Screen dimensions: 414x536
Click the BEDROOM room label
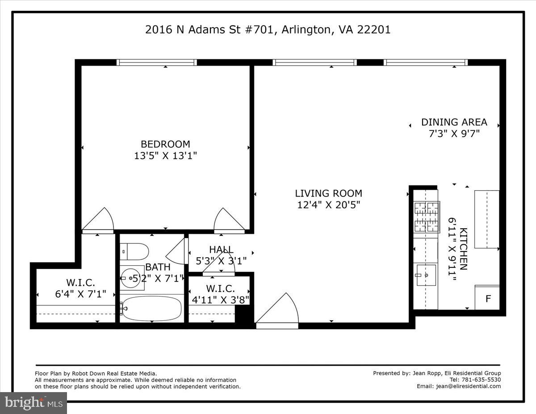(x=165, y=144)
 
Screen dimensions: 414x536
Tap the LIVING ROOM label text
(x=328, y=193)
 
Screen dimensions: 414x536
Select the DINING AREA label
(x=454, y=122)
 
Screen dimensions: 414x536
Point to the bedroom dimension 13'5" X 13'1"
(x=165, y=156)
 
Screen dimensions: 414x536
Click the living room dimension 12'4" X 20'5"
(x=328, y=205)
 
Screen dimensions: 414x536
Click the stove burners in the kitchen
(x=427, y=217)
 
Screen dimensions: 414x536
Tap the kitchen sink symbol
(x=426, y=275)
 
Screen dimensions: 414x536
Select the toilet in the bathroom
(x=134, y=251)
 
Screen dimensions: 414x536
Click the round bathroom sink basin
(x=131, y=278)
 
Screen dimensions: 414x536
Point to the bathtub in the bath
(x=152, y=309)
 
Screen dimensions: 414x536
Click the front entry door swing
(x=279, y=310)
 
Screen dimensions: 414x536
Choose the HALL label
(x=221, y=250)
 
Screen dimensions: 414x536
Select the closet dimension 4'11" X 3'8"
(x=221, y=299)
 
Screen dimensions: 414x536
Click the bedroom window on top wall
(x=156, y=63)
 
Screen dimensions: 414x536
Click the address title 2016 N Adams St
(x=268, y=30)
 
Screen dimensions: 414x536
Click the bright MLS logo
(x=33, y=403)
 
